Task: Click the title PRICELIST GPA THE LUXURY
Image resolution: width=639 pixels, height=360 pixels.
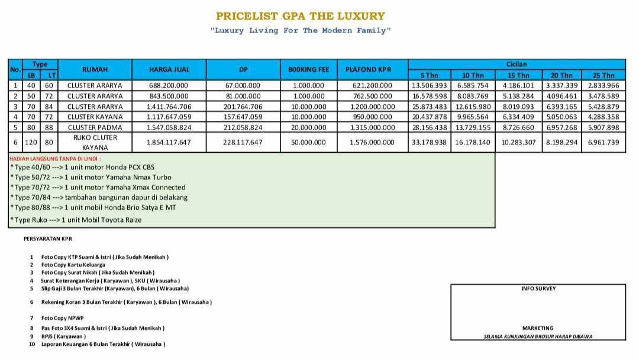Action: [300, 16]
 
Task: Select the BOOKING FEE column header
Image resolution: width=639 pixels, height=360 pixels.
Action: [308, 69]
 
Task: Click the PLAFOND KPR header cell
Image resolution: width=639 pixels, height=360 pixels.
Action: [372, 69]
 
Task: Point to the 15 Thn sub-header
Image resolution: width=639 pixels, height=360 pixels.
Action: [518, 75]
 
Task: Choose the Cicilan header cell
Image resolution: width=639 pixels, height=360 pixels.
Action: [516, 64]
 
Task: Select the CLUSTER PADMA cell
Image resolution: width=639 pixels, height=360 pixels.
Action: [95, 127]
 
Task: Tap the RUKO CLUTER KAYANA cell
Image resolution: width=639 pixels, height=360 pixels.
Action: [95, 142]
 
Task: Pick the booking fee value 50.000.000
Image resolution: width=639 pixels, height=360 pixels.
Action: [308, 142]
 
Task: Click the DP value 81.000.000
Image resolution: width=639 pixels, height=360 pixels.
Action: [243, 96]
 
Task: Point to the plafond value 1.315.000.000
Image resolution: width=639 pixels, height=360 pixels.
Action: [372, 127]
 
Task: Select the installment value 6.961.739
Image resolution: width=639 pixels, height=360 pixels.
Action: [603, 142]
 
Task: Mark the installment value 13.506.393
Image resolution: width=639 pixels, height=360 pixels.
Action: [429, 85]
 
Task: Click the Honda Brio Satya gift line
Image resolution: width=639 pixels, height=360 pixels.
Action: [93, 207]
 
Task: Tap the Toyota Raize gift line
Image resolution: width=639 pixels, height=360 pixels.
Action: [76, 220]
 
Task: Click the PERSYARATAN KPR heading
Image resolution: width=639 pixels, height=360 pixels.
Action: [48, 239]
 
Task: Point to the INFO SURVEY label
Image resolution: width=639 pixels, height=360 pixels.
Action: [538, 289]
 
